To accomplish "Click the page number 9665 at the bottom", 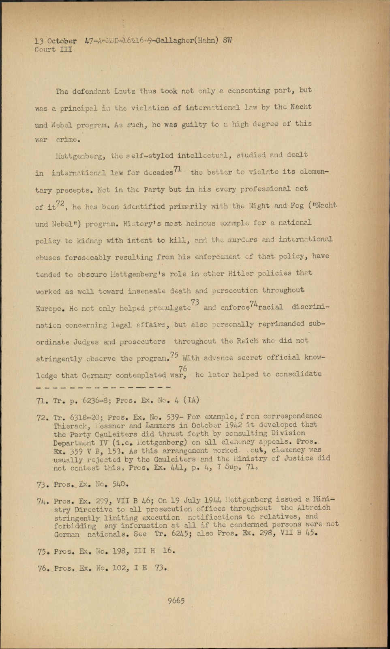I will pos(176,601).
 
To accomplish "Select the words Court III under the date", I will pos(53,49).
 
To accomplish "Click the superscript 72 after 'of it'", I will pos(60,204).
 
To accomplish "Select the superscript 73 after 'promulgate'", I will pos(195,302).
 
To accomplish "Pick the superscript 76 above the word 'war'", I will pos(183,368).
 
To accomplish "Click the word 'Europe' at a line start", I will pos(49,309).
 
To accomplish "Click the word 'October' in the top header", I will pos(62,41).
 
